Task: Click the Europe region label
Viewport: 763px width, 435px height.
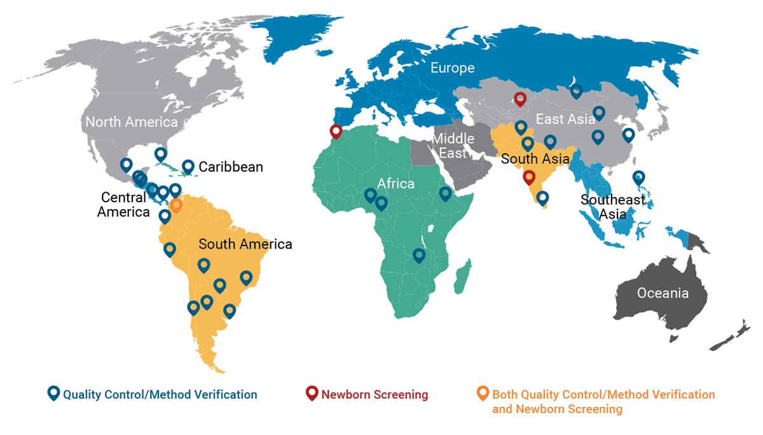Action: coord(452,67)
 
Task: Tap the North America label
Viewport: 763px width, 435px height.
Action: coord(131,122)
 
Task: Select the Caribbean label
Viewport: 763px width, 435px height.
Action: coord(231,167)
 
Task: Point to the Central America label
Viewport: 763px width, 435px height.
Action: coord(123,205)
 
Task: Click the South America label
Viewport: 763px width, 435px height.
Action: coord(245,244)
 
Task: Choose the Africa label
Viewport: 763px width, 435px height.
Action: coord(395,184)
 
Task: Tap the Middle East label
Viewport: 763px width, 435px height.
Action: coord(453,146)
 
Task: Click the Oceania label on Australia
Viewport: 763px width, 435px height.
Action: coord(663,293)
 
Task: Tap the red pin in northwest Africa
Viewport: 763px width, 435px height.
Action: coord(336,132)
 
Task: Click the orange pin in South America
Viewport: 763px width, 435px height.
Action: coord(177,205)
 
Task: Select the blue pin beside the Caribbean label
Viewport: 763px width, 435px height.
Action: coord(188,167)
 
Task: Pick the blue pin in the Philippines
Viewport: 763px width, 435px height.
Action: coord(638,177)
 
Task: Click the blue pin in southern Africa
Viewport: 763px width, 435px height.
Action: coord(418,255)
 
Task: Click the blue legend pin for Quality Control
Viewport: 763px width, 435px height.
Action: coord(53,394)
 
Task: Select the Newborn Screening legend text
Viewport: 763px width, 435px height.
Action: coord(375,394)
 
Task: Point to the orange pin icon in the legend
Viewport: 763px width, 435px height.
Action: coord(483,394)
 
